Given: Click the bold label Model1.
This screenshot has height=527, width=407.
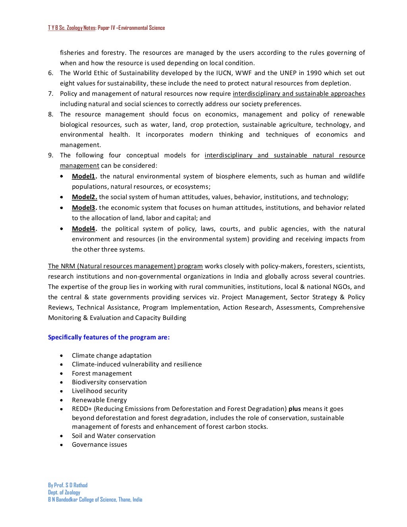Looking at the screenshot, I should click(x=84, y=176).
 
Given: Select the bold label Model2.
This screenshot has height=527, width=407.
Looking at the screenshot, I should click(x=84, y=197).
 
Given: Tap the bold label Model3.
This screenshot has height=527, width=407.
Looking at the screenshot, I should click(x=84, y=208).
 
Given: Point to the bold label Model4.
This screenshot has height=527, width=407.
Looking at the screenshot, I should click(x=84, y=229).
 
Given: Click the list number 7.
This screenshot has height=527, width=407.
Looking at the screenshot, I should click(x=50, y=94).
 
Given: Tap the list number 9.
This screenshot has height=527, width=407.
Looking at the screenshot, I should click(x=50, y=155).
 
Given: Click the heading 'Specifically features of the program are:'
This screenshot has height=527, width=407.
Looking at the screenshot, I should click(x=109, y=337).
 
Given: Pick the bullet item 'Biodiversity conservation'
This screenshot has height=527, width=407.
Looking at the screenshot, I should click(x=109, y=382).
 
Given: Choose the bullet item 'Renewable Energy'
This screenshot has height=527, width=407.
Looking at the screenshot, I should click(x=99, y=400).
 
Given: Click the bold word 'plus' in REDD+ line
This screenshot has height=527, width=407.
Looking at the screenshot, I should click(x=295, y=409).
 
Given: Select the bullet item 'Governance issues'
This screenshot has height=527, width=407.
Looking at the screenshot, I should click(x=99, y=445).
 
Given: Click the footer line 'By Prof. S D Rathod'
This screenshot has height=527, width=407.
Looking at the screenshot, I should click(x=68, y=485).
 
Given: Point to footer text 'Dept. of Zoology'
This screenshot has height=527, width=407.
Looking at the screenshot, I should click(x=64, y=492).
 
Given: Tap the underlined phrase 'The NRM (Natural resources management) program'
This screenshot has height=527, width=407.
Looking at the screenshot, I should click(x=126, y=266).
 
